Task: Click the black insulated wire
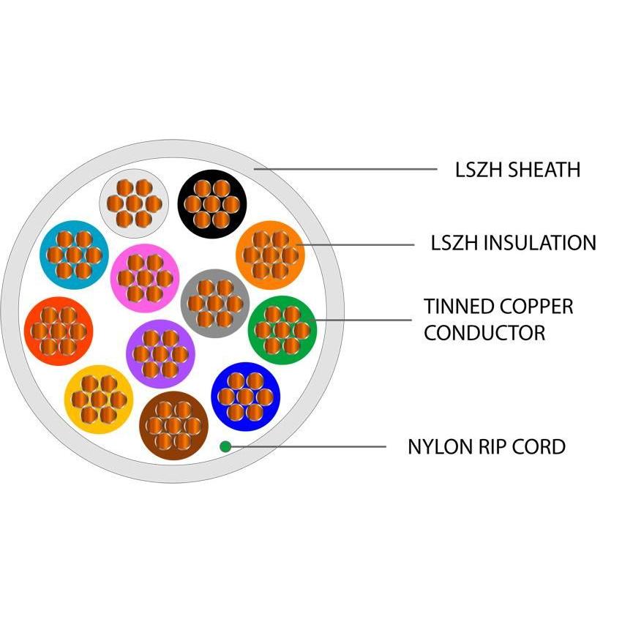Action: (212, 203)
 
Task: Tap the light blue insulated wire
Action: (73, 255)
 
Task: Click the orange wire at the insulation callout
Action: (271, 255)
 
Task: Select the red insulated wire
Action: (59, 331)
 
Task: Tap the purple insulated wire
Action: (160, 353)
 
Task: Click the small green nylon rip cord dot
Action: (225, 446)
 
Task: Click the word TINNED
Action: (459, 306)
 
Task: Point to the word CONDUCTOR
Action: (484, 333)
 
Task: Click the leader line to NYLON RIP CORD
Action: (307, 446)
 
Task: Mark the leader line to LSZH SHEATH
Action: (344, 170)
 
